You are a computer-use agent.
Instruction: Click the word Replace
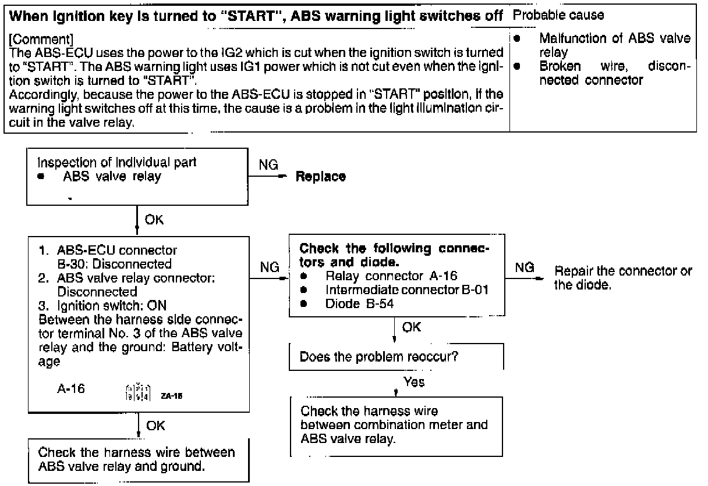click(321, 177)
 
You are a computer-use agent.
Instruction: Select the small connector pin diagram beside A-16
click(126, 388)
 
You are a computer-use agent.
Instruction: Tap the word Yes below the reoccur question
click(414, 382)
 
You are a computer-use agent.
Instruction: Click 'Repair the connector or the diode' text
click(623, 277)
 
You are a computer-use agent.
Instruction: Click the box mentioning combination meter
click(396, 426)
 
